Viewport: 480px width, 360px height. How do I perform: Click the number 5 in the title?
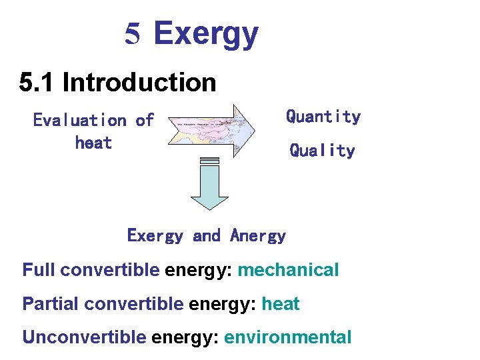(x=133, y=34)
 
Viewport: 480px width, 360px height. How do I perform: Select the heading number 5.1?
(x=37, y=83)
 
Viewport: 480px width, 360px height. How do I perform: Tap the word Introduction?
(x=139, y=83)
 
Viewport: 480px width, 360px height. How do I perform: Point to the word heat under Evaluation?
(x=93, y=143)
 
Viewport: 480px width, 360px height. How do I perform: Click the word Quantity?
(x=323, y=117)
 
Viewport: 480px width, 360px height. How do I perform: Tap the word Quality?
(x=322, y=151)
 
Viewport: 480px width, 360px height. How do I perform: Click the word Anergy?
(x=258, y=235)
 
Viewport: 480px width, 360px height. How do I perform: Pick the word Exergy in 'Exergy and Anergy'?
(x=155, y=235)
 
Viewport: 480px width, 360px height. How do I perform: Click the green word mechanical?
(x=288, y=270)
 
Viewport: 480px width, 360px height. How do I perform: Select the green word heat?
(x=280, y=304)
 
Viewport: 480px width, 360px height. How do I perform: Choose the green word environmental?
(x=287, y=337)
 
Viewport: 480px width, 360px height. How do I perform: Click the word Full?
(x=38, y=270)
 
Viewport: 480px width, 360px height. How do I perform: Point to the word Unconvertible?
(x=84, y=337)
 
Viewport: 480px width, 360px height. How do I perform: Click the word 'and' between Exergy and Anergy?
(x=206, y=235)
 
